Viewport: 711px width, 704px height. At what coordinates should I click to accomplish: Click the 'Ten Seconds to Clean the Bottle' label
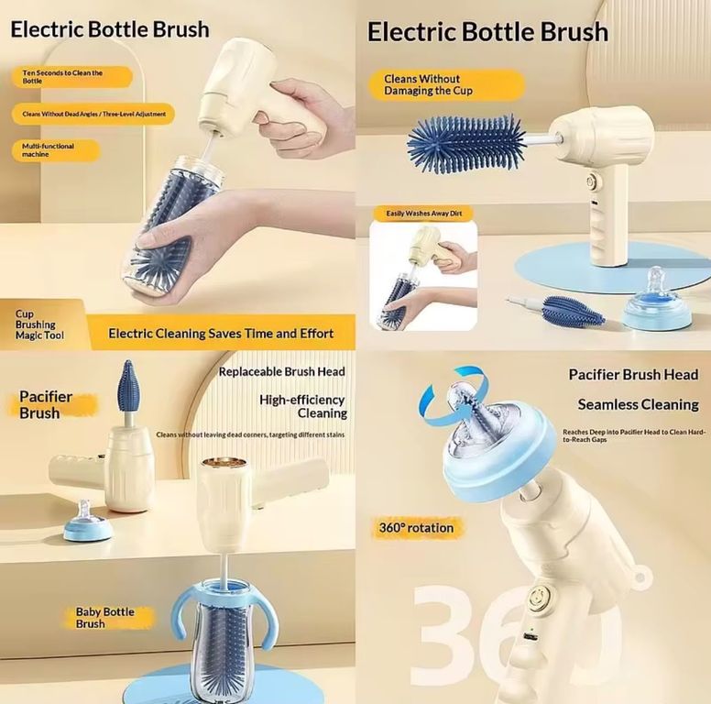pyautogui.click(x=71, y=77)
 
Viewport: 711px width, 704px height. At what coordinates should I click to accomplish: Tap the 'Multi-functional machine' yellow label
pyautogui.click(x=55, y=150)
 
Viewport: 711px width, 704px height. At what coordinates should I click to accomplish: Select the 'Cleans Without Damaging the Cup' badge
pyautogui.click(x=446, y=85)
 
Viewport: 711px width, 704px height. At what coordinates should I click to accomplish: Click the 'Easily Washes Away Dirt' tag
pyautogui.click(x=423, y=214)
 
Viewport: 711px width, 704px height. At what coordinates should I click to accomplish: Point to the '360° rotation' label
pyautogui.click(x=416, y=528)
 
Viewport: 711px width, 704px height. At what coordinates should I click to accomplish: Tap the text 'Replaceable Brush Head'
pyautogui.click(x=282, y=371)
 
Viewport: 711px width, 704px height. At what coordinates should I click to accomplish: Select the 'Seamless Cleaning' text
pyautogui.click(x=638, y=404)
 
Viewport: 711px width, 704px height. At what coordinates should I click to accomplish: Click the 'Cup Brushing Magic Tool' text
pyautogui.click(x=40, y=324)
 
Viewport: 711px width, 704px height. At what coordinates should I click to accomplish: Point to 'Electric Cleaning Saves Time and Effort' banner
pyautogui.click(x=221, y=334)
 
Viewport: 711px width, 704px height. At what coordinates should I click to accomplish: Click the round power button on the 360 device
pyautogui.click(x=540, y=595)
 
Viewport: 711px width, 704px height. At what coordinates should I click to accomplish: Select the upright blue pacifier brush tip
pyautogui.click(x=126, y=385)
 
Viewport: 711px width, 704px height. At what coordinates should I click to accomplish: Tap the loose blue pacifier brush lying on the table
pyautogui.click(x=573, y=310)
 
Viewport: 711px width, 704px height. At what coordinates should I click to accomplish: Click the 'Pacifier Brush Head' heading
pyautogui.click(x=633, y=375)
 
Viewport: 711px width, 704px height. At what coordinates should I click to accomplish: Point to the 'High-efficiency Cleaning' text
pyautogui.click(x=303, y=406)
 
